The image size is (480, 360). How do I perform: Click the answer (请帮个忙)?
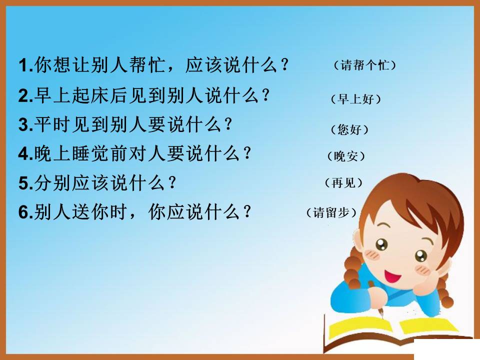point(364,65)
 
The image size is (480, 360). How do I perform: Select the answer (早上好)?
point(356,99)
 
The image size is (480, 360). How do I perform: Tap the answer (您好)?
point(349,130)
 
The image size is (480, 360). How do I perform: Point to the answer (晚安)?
point(345,156)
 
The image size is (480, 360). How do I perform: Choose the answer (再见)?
point(343,183)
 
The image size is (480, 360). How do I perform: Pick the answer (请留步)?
point(332,212)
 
